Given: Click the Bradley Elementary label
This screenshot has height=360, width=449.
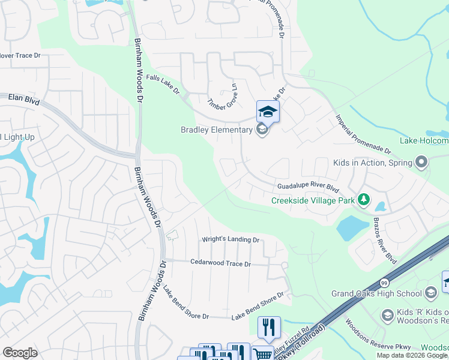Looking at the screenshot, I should click(x=217, y=130).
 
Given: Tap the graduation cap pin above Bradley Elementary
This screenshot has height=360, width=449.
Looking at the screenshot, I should click(x=268, y=112).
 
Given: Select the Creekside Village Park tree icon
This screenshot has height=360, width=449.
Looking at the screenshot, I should click(x=363, y=199).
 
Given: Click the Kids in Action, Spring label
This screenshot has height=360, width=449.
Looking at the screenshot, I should click(x=373, y=163).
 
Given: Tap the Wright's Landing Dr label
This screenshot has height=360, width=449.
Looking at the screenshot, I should click(x=230, y=239).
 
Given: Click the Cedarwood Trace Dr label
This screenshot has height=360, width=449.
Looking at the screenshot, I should click(x=220, y=263).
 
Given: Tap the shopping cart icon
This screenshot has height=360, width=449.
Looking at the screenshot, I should click(x=262, y=353).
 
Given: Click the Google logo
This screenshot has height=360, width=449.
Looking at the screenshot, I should click(x=20, y=353).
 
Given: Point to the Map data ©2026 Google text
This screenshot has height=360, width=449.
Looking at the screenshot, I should click(x=412, y=355).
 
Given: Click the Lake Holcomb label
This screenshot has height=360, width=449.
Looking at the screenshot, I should click(x=424, y=141).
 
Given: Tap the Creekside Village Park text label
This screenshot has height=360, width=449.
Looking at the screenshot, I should click(x=313, y=201).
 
